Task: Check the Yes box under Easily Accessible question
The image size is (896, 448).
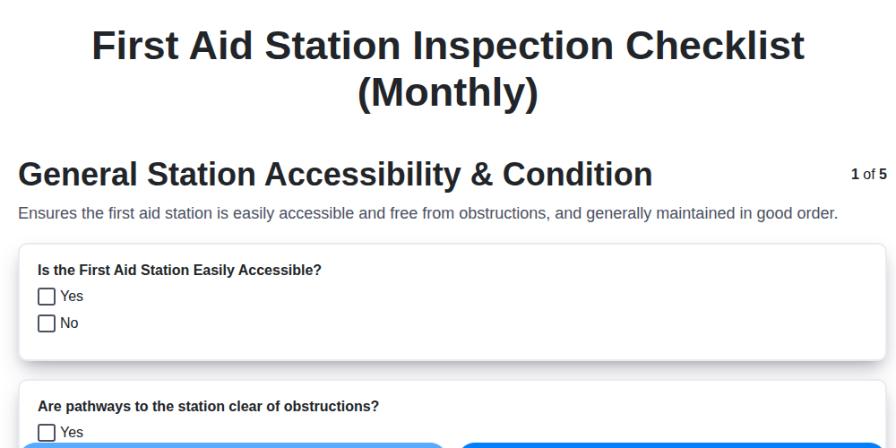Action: click(47, 297)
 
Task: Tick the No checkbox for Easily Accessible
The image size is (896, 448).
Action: click(47, 323)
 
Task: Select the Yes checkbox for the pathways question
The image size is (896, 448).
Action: click(47, 433)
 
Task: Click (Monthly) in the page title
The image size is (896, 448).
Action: click(448, 92)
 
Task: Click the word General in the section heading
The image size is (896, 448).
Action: click(78, 175)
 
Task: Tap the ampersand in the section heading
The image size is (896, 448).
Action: click(482, 175)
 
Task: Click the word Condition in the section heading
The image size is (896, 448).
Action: click(577, 175)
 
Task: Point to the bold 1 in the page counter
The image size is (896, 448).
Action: click(855, 175)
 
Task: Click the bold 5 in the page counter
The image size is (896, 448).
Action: click(883, 175)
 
